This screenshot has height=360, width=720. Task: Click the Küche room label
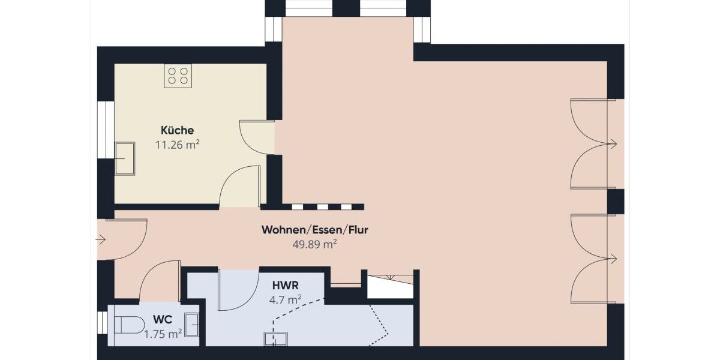[x=177, y=130]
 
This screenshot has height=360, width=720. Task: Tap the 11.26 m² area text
[x=177, y=145]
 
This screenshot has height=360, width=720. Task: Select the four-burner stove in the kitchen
[x=178, y=76]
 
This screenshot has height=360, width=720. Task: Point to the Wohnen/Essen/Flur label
[x=314, y=230]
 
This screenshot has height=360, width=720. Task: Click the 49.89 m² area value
[x=314, y=244]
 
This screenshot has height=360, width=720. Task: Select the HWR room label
[x=286, y=286]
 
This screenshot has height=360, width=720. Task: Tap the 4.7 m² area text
[x=286, y=299]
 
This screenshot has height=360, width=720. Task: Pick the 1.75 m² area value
[x=163, y=334]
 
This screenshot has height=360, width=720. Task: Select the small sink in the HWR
[x=275, y=339]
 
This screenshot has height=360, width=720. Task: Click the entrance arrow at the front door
[x=101, y=240]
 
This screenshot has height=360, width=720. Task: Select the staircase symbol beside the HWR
[x=390, y=286]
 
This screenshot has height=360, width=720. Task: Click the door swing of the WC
[x=159, y=280]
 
